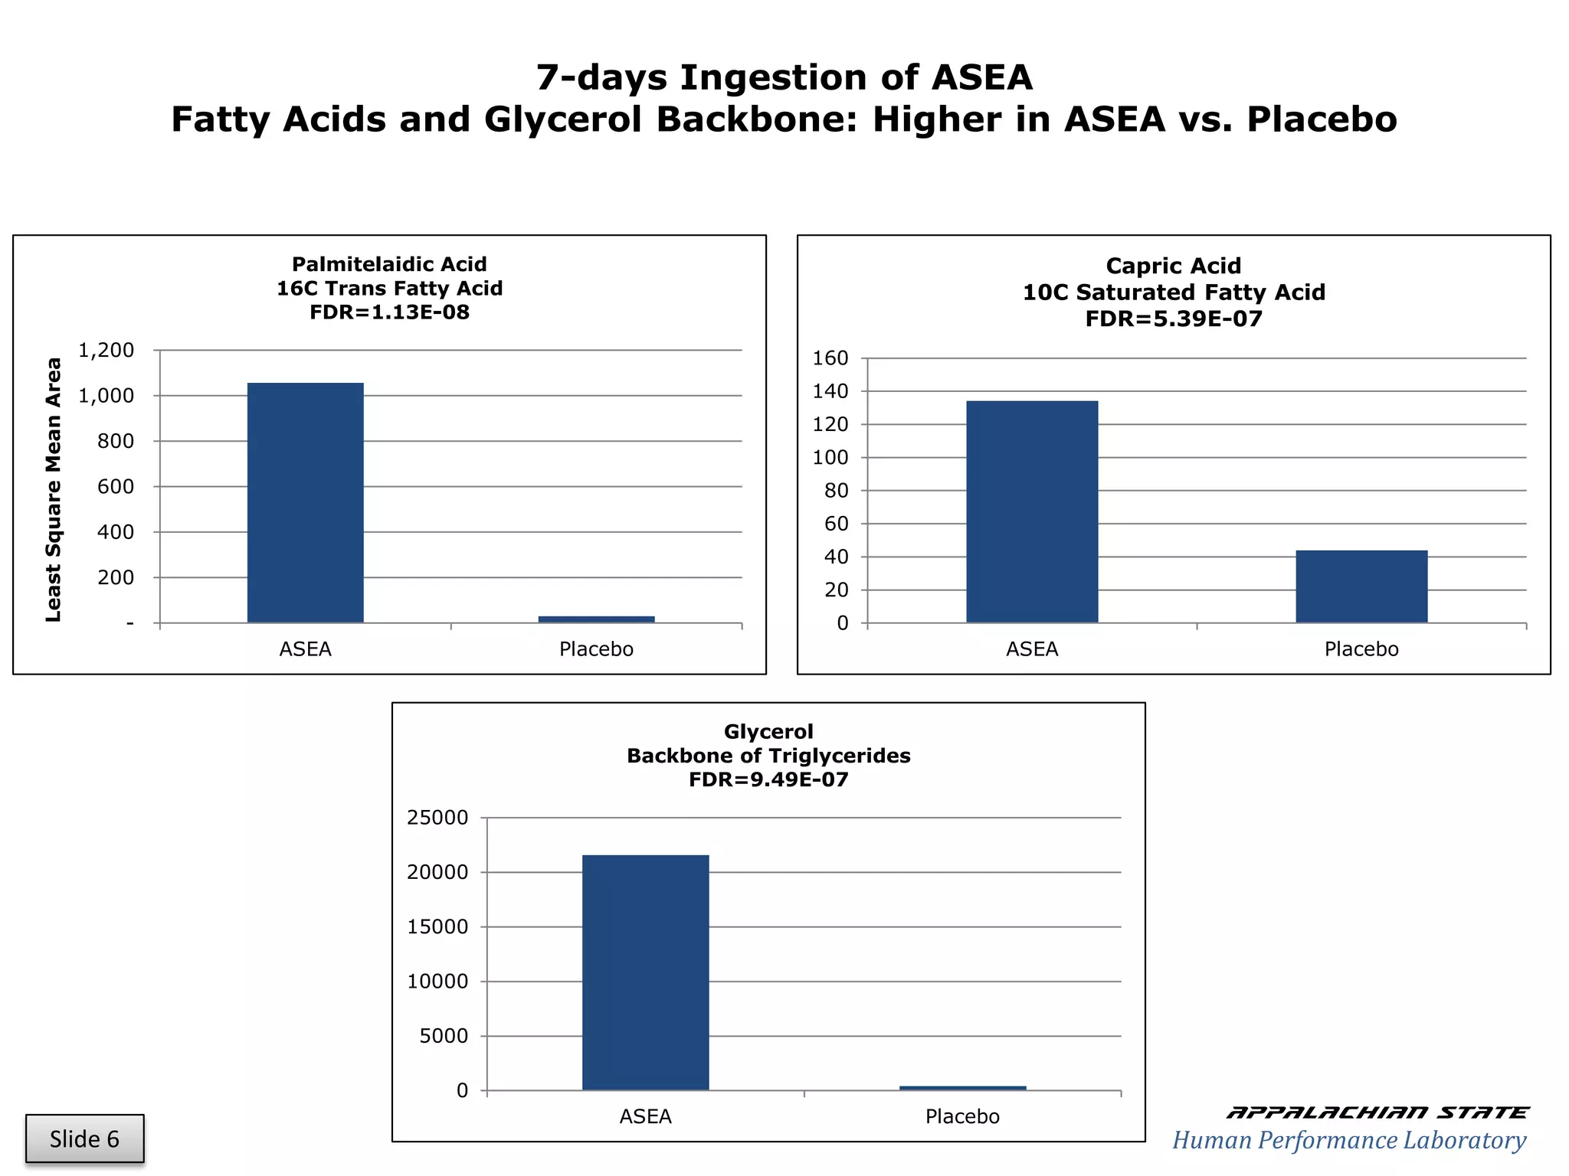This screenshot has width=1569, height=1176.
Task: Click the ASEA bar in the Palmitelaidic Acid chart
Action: coord(305,502)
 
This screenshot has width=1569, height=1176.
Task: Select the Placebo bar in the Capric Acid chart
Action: coord(1361,586)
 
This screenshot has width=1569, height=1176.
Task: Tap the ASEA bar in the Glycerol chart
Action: coord(645,972)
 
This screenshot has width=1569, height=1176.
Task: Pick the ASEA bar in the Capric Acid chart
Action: coord(1032,511)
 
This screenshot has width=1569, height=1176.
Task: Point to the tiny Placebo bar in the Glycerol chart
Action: coord(962,1087)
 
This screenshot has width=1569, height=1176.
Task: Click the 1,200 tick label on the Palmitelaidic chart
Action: coord(106,351)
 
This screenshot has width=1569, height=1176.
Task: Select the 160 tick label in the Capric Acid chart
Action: coord(830,358)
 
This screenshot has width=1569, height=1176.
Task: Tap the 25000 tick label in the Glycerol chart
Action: coord(437,818)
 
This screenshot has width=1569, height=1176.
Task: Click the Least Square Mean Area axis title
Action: coord(53,489)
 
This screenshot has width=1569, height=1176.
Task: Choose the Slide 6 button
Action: coord(84,1138)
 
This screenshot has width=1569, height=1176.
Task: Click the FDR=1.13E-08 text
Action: coord(389,312)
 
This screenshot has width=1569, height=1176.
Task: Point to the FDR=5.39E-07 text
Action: coord(1174,318)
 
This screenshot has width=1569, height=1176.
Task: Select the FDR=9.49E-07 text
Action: coord(768,780)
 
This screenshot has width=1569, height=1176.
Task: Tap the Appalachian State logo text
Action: coord(1377,1112)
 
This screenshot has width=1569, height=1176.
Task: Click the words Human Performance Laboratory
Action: coord(1349,1140)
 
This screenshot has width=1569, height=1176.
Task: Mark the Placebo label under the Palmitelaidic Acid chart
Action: coord(596,649)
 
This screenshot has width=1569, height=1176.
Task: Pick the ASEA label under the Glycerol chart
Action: coord(645,1116)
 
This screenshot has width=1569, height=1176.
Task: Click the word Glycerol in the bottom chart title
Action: coord(768,732)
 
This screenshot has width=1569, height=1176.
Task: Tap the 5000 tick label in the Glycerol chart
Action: coord(444,1036)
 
